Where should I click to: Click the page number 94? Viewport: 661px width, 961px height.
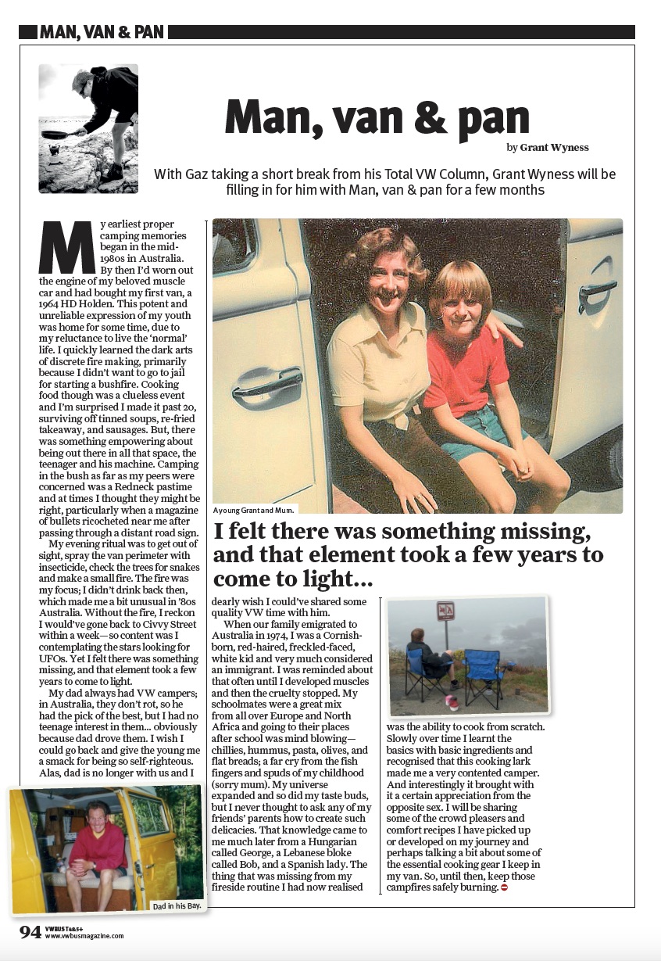pos(30,932)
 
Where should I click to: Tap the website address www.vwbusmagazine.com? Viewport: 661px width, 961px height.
pos(84,936)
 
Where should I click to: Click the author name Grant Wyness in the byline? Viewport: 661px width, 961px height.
pos(556,147)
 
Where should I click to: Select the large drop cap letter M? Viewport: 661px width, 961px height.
pos(66,248)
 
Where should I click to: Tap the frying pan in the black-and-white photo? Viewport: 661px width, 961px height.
pos(57,134)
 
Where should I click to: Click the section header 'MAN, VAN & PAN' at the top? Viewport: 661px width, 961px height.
pos(102,32)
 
